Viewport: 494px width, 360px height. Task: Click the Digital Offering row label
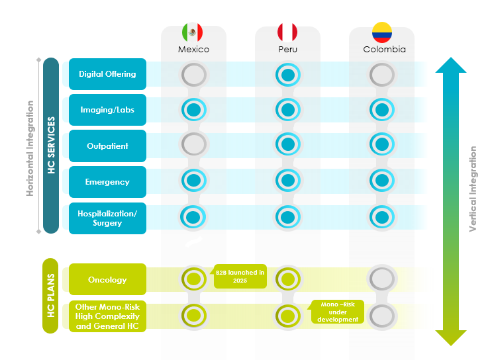(x=107, y=74)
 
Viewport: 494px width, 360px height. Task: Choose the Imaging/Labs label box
(x=107, y=110)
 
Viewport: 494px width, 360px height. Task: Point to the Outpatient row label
(x=107, y=146)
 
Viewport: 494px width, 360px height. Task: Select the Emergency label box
(x=107, y=182)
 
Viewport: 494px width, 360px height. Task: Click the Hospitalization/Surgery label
(x=107, y=218)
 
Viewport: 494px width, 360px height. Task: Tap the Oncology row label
(x=107, y=279)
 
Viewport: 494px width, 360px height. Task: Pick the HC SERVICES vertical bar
(x=51, y=146)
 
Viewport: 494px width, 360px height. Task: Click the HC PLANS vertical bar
(x=51, y=296)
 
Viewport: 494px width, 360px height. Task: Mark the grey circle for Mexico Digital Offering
(x=193, y=75)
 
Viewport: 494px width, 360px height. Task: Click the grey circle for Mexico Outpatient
(x=193, y=144)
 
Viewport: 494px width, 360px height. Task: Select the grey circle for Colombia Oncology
(x=382, y=279)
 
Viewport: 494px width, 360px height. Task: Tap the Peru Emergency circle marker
(x=287, y=179)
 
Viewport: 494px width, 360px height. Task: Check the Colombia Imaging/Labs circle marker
(x=382, y=110)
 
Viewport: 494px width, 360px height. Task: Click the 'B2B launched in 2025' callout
(x=240, y=277)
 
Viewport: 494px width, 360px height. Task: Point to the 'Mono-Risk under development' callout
(x=338, y=312)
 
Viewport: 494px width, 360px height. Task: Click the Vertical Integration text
(x=473, y=189)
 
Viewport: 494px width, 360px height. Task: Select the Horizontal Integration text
(x=30, y=148)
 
